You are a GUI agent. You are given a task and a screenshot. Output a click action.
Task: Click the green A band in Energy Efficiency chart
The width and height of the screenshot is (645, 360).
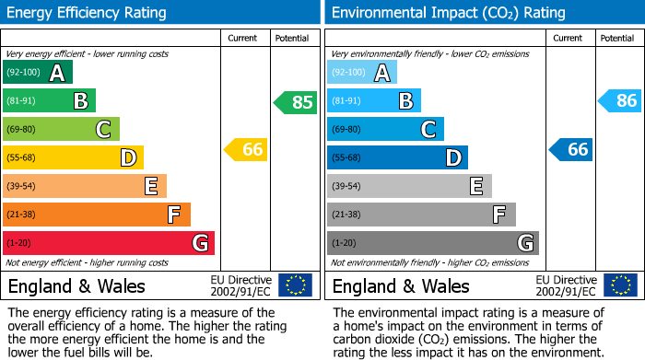click(x=38, y=73)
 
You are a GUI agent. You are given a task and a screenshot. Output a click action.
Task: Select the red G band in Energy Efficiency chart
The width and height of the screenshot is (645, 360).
click(x=109, y=243)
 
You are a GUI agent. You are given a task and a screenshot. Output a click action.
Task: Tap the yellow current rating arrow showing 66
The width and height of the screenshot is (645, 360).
click(x=247, y=149)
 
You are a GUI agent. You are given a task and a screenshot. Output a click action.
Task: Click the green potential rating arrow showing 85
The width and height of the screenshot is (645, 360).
click(x=296, y=102)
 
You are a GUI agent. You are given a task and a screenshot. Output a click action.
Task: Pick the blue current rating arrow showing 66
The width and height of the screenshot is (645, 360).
click(x=571, y=149)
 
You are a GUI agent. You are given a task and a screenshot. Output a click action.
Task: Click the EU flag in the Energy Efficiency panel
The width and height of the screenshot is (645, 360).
click(x=295, y=285)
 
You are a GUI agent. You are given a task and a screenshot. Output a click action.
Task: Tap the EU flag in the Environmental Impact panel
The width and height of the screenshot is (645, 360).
click(x=619, y=285)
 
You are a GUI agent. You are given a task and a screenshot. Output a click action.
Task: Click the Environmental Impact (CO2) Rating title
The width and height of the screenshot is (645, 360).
click(x=448, y=13)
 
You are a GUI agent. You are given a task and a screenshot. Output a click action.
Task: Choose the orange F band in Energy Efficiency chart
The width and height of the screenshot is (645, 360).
click(x=97, y=215)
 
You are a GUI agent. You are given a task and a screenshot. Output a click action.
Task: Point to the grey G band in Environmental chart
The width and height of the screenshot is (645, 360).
click(x=432, y=243)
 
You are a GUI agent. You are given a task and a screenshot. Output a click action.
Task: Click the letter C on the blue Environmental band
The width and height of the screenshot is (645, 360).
click(x=428, y=130)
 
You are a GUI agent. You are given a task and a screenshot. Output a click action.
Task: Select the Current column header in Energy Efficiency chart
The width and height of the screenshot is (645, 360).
click(x=244, y=38)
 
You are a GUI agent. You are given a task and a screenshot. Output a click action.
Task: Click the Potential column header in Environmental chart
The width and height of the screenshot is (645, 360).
click(x=616, y=38)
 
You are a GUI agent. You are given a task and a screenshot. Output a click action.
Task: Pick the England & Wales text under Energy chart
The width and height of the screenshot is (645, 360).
click(x=76, y=286)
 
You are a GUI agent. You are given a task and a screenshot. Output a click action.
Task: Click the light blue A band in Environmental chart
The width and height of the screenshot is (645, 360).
click(x=362, y=73)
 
